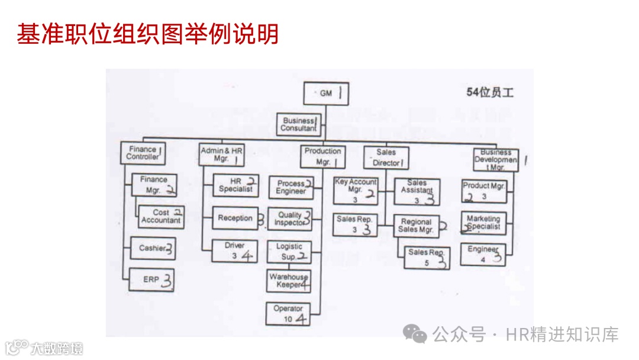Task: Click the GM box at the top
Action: pos(325,94)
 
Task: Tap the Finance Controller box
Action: pos(143,153)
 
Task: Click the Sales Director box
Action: pos(386,157)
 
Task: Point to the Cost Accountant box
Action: pos(161,217)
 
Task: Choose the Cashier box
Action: pos(153,248)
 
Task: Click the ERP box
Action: pos(153,279)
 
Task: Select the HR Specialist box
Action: pos(235,185)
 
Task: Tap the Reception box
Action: pos(235,218)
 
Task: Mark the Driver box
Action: pos(235,251)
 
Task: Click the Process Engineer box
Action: pos(291,187)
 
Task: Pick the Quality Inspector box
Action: pos(289,219)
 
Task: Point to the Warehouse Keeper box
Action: pos(288,281)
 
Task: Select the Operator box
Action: pos(288,314)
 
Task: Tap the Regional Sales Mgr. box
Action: pos(417,226)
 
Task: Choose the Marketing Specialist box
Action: pos(483,223)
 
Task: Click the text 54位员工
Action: pos(490,92)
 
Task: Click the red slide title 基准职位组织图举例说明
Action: pos(147,34)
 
